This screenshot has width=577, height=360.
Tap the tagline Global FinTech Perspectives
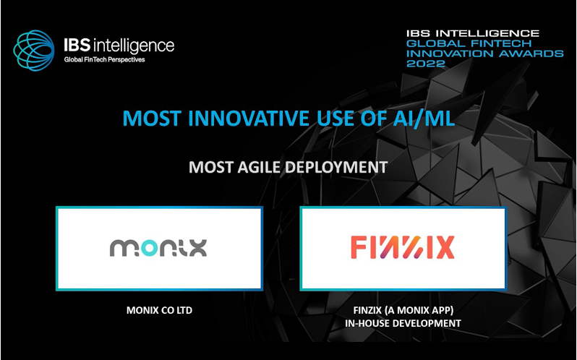(105, 59)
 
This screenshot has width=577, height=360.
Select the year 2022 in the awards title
(427, 64)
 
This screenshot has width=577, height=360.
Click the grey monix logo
(158, 248)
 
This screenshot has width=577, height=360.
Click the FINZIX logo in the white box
(402, 248)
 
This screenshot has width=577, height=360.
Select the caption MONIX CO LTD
(158, 311)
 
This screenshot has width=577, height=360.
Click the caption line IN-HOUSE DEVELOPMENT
(402, 323)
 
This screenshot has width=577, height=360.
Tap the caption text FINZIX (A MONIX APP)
(402, 311)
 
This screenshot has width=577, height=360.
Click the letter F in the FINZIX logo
(358, 248)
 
